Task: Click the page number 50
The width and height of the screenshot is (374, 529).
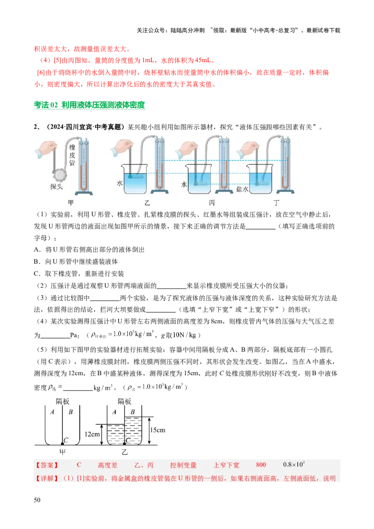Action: pos(37,500)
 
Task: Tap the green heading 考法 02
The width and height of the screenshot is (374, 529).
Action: pos(46,105)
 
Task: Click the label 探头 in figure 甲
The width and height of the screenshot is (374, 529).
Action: pos(57,186)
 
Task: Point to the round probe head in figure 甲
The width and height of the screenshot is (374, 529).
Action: pos(60,175)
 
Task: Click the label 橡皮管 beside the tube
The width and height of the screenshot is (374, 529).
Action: pos(72,155)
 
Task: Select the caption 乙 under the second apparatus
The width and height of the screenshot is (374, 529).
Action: pos(147,202)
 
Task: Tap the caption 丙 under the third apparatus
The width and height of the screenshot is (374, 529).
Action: pos(212,202)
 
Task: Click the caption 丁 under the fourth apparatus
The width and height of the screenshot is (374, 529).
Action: pos(276,202)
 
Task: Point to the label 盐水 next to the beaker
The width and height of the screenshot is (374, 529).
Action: pos(242,189)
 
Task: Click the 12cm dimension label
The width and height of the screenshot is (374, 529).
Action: pos(92,434)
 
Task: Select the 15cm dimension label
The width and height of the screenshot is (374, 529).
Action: pos(158,430)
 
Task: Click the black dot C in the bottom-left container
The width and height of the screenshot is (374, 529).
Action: pos(63,443)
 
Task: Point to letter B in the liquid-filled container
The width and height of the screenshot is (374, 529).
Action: pos(133,412)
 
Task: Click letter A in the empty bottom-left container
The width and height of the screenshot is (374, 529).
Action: pos(52,412)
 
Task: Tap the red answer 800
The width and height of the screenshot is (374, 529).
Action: pos(261,465)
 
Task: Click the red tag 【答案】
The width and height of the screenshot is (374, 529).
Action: pos(47,465)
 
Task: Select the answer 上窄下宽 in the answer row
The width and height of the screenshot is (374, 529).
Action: pos(226,465)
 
